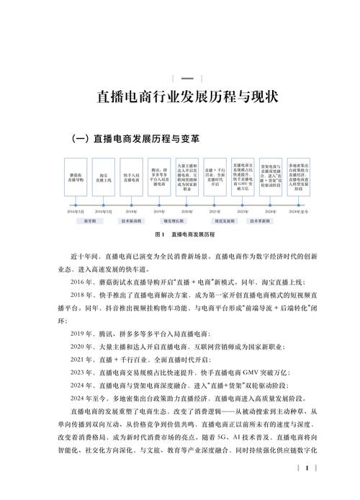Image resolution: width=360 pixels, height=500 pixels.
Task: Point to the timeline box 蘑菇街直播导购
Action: pos(76,176)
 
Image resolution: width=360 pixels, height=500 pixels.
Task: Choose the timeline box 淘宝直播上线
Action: pos(104,176)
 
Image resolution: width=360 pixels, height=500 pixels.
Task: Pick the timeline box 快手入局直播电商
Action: pos(132,176)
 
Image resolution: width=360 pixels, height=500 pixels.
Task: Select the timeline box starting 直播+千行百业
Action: pos(215,176)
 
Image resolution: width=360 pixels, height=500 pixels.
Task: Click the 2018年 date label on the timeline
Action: pos(131,212)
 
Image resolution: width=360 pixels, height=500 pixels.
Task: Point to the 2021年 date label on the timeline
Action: pos(215,212)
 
